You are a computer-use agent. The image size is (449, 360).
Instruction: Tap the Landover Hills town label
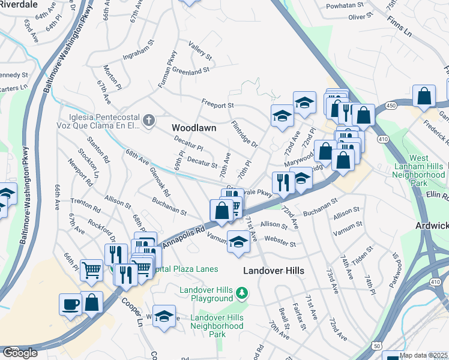pyautogui.click(x=273, y=271)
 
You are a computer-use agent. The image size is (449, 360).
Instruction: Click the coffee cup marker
pyautogui.click(x=70, y=304)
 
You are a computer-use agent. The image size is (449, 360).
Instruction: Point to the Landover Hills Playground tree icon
pyautogui.click(x=241, y=293)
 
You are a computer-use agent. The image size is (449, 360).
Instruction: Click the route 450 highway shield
pyautogui.click(x=391, y=106)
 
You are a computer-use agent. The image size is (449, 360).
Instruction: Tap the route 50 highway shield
pyautogui.click(x=376, y=346)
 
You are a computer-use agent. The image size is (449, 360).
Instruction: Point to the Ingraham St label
pyautogui.click(x=139, y=53)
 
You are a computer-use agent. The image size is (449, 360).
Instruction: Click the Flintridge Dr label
pyautogui.click(x=244, y=135)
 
